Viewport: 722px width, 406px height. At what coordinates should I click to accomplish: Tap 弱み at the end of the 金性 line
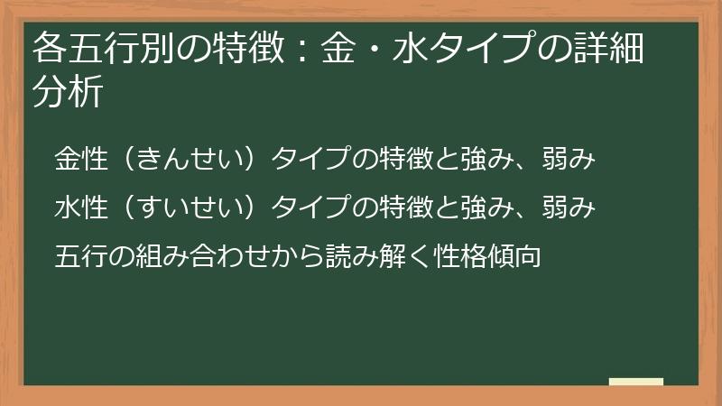(x=568, y=158)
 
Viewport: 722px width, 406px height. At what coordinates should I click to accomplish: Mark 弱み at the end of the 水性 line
(x=568, y=208)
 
